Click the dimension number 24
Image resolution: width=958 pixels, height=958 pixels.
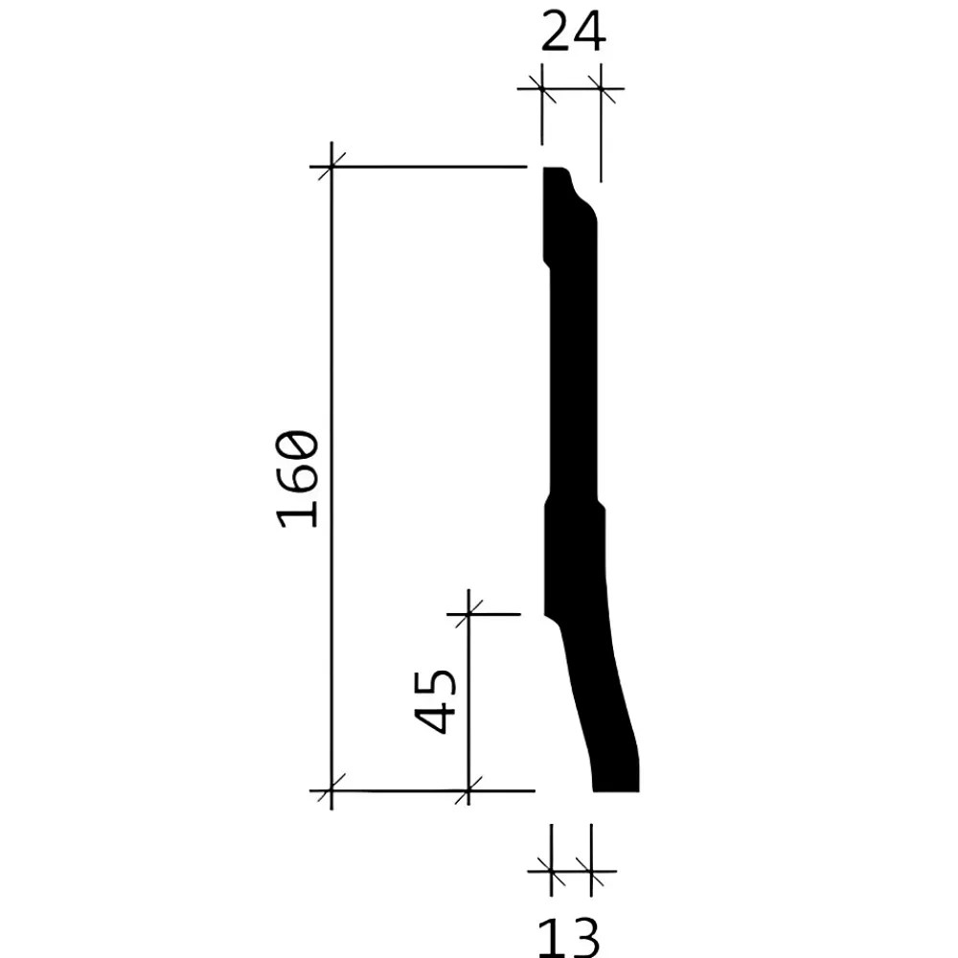coord(573,32)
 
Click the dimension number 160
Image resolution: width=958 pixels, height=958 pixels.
coord(298,479)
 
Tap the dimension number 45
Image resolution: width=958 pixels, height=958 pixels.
coord(435,701)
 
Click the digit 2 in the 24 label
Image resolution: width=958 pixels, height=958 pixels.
coord(556,32)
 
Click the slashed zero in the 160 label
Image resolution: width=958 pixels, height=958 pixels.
coord(298,447)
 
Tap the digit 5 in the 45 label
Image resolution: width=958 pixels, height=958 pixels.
coord(435,684)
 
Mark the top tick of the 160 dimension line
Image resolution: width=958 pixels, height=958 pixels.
coord(331,166)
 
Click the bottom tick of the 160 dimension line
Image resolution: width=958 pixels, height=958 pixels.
coord(331,790)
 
